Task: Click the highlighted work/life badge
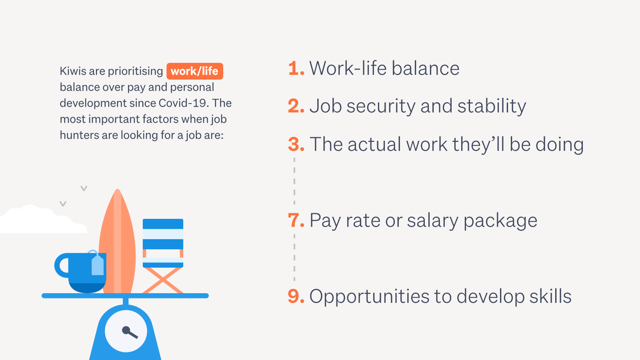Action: tap(195, 71)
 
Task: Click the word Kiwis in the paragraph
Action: tap(73, 71)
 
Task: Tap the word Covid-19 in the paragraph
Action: tap(182, 103)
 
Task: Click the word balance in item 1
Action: tap(426, 68)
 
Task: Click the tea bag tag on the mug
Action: tap(98, 265)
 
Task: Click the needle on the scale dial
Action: tap(130, 332)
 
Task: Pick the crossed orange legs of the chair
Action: tap(163, 280)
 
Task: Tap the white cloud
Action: tap(43, 220)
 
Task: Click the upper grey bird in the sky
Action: tap(84, 188)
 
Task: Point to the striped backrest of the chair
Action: tap(163, 234)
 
